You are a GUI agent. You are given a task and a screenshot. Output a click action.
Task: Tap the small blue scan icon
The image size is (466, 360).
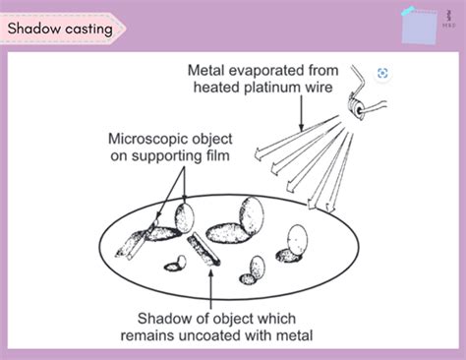pos(382,73)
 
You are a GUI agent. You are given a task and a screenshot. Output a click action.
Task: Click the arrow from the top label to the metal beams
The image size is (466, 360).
pos(306,108)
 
